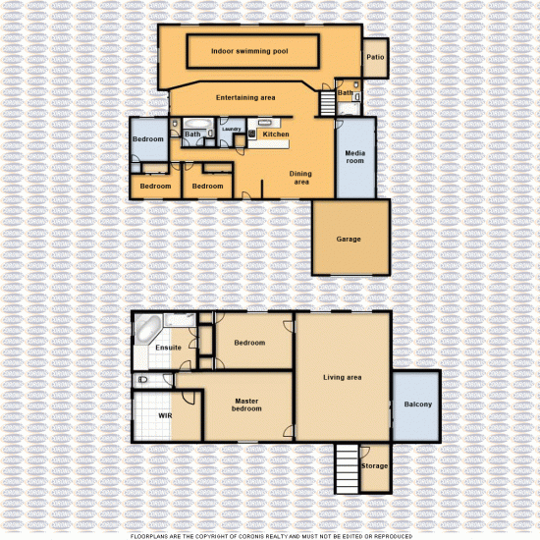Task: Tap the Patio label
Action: (x=375, y=57)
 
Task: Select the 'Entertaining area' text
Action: (x=245, y=97)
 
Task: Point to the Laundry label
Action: (x=232, y=129)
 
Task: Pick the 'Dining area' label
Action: (x=299, y=178)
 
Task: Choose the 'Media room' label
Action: (x=354, y=156)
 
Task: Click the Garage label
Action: (x=349, y=239)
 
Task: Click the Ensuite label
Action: (x=168, y=348)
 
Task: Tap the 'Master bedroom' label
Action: (x=247, y=405)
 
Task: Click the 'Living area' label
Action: (x=344, y=377)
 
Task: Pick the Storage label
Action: (x=374, y=465)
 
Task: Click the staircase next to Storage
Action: (x=346, y=469)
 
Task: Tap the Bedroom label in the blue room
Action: (x=148, y=139)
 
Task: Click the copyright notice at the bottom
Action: (x=269, y=535)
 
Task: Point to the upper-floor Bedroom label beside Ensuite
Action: (x=249, y=343)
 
